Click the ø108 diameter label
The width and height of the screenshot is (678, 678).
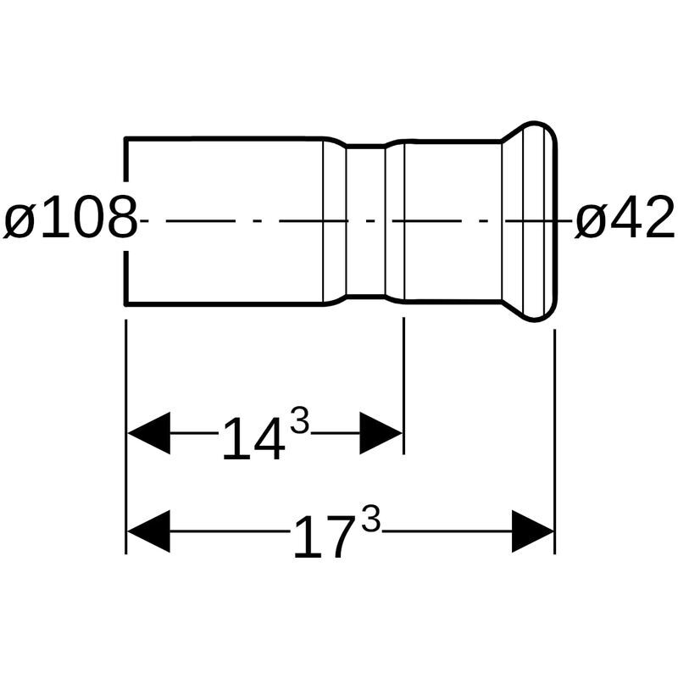click(70, 217)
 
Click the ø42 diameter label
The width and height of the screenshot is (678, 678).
click(625, 217)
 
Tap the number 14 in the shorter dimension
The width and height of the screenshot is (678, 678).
click(253, 438)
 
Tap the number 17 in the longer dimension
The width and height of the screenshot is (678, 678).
click(322, 536)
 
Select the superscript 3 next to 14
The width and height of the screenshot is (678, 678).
click(300, 421)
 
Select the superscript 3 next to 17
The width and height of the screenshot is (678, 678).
click(371, 520)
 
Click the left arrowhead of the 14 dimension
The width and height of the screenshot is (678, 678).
click(148, 433)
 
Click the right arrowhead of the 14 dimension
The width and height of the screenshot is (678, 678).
click(381, 433)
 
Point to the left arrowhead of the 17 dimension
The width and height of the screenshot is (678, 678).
click(148, 531)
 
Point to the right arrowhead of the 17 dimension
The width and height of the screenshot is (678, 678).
click(533, 531)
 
